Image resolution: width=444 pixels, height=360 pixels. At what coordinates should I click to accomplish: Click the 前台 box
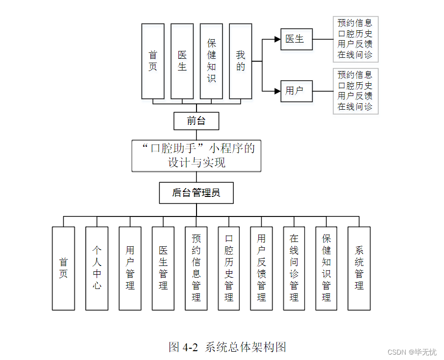click(x=196, y=121)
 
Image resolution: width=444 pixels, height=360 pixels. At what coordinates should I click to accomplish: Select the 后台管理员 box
click(x=196, y=193)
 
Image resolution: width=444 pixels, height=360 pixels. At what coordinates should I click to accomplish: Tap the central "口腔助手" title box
click(x=196, y=156)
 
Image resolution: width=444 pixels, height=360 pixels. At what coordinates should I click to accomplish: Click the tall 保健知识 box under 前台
click(x=211, y=61)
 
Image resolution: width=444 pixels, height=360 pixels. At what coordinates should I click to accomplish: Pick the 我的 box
click(x=241, y=61)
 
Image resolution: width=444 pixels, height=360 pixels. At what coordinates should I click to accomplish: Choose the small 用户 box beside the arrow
click(x=296, y=91)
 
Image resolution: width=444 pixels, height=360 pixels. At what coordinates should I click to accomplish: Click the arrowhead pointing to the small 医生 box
click(x=277, y=39)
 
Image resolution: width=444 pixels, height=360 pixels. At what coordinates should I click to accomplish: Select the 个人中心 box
click(x=97, y=268)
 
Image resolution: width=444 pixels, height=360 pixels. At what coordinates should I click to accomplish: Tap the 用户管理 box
click(x=130, y=268)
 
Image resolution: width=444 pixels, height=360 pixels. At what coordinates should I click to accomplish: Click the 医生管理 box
click(x=163, y=268)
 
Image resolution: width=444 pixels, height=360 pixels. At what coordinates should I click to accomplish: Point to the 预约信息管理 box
click(x=196, y=268)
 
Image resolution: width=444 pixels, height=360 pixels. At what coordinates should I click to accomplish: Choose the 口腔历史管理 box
click(x=229, y=268)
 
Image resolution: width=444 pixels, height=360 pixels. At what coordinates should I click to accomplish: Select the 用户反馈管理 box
click(x=261, y=268)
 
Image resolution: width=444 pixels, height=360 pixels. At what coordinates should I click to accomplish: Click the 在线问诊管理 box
click(x=294, y=268)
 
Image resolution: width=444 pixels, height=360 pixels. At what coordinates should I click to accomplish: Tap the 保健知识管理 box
click(x=326, y=268)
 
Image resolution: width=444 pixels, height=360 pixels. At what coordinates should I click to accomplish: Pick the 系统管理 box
click(x=359, y=268)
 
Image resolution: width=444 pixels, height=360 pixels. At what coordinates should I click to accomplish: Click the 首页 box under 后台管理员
click(x=63, y=268)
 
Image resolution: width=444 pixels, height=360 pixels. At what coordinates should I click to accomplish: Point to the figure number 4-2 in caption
click(x=190, y=347)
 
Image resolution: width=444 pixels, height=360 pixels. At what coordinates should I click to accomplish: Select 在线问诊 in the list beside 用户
click(x=355, y=107)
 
